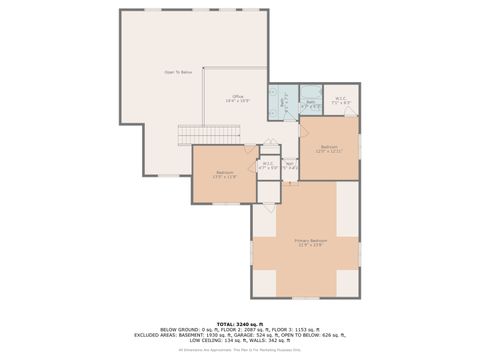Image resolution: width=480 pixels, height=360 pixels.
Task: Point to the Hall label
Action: (x=290, y=166)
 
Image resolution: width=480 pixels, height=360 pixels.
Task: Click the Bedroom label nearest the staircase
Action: (x=225, y=175)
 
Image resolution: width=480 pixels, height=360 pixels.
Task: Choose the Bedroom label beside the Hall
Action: (x=330, y=149)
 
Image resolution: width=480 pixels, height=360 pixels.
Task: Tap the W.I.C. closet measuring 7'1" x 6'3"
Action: (x=340, y=100)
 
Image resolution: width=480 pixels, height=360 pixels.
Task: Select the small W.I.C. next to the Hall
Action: (x=267, y=166)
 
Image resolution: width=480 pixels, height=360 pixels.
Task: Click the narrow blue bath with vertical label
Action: (x=283, y=103)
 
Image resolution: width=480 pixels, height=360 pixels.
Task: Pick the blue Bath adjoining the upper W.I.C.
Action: (x=311, y=101)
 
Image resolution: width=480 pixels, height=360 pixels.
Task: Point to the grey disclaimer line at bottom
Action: (x=240, y=349)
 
